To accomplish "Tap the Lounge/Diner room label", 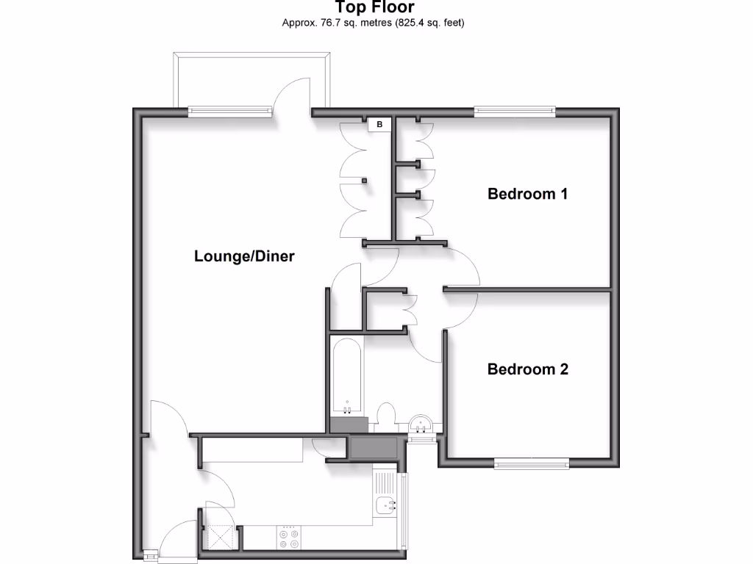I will click(x=244, y=256).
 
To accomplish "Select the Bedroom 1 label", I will click(x=528, y=195).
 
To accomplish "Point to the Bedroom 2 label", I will click(x=528, y=369).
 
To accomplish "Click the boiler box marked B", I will click(x=379, y=125).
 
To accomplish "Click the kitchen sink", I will click(x=386, y=505).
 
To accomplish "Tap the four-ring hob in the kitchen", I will click(x=289, y=538).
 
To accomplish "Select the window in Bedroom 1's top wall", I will click(x=514, y=112).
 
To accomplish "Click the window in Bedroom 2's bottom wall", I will click(x=531, y=463).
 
